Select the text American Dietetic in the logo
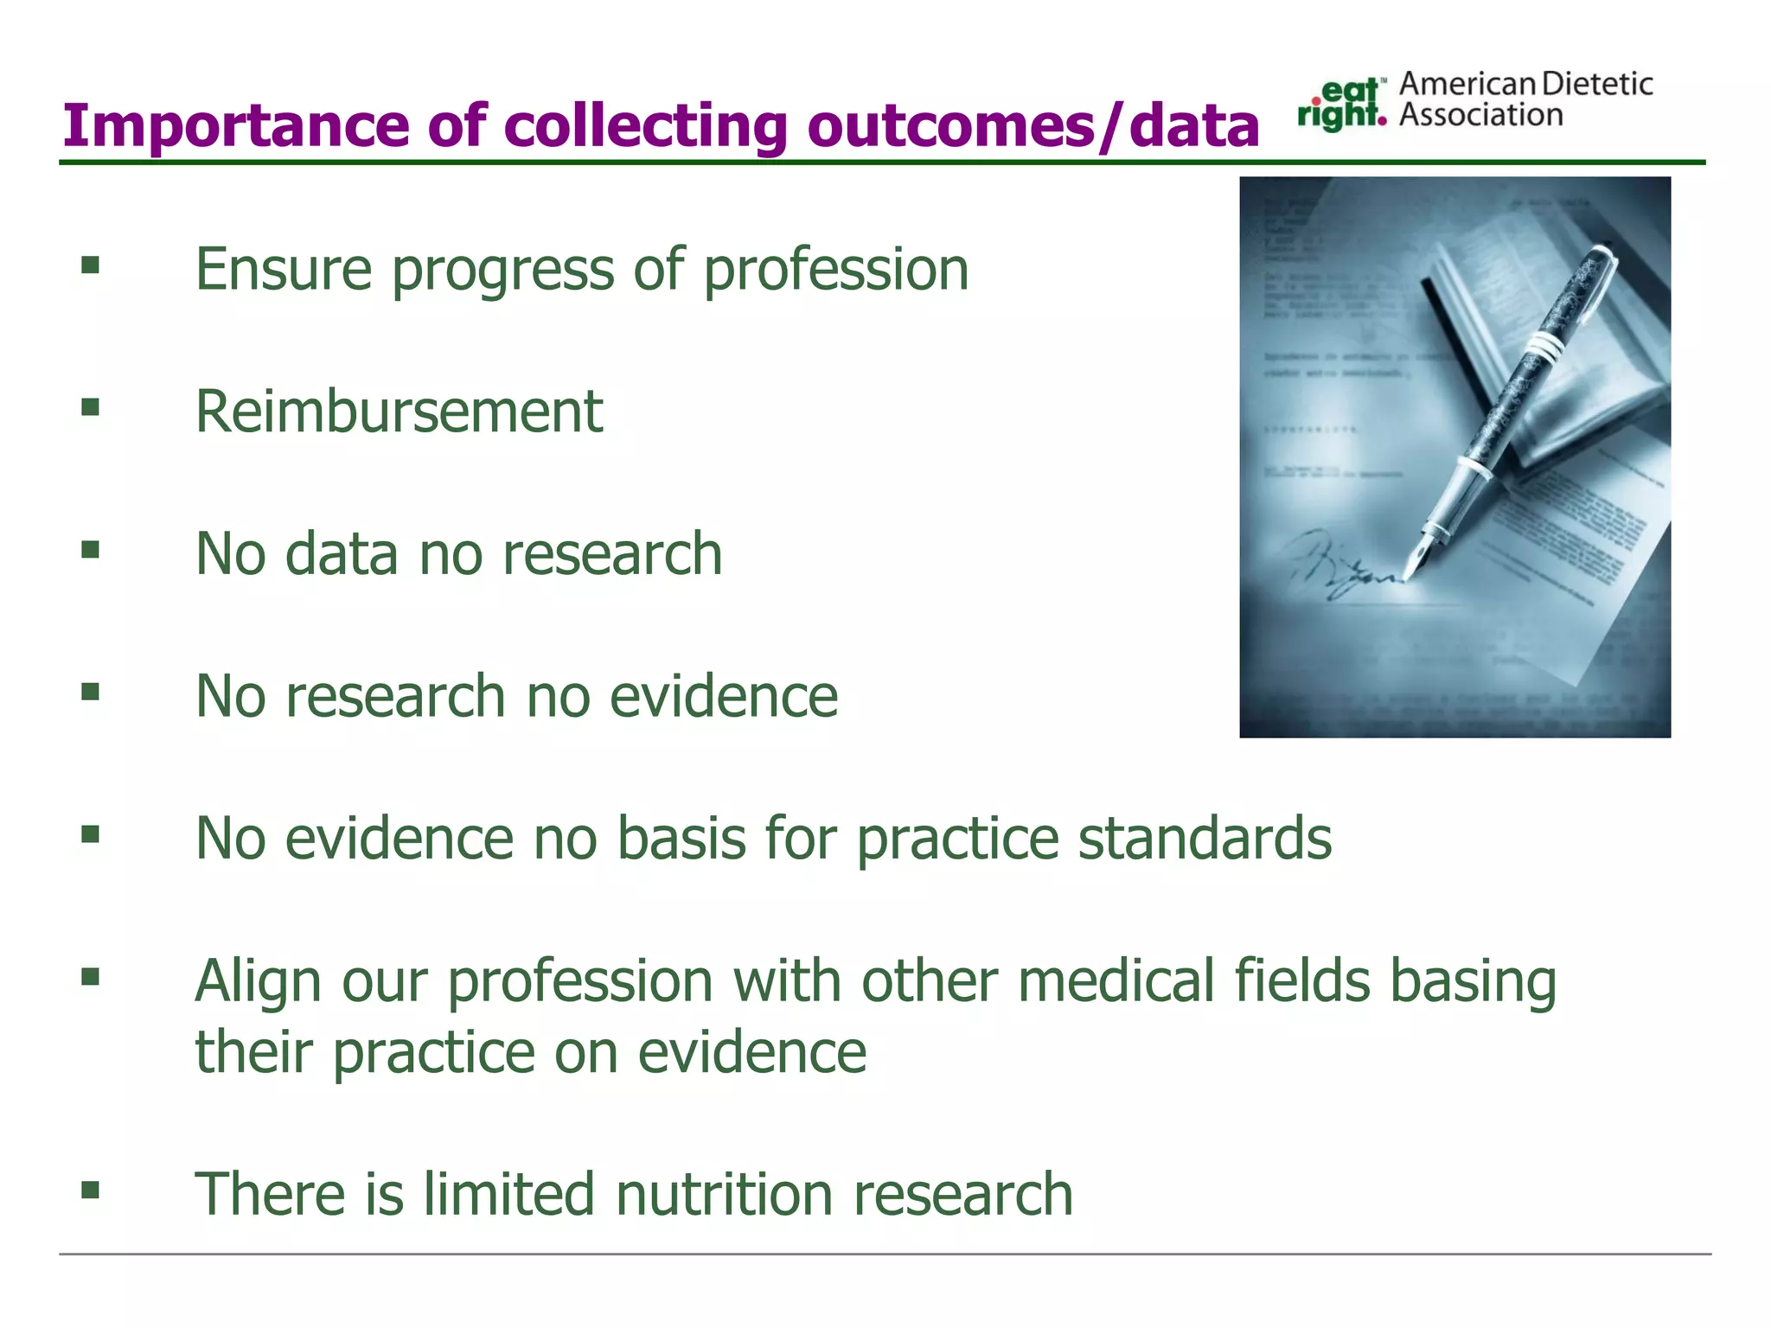1525,84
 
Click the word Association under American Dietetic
1480,116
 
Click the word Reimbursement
399,412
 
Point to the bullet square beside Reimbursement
90,406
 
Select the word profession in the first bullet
835,269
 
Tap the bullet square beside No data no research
90,549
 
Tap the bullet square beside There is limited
90,1190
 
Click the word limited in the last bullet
508,1194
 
